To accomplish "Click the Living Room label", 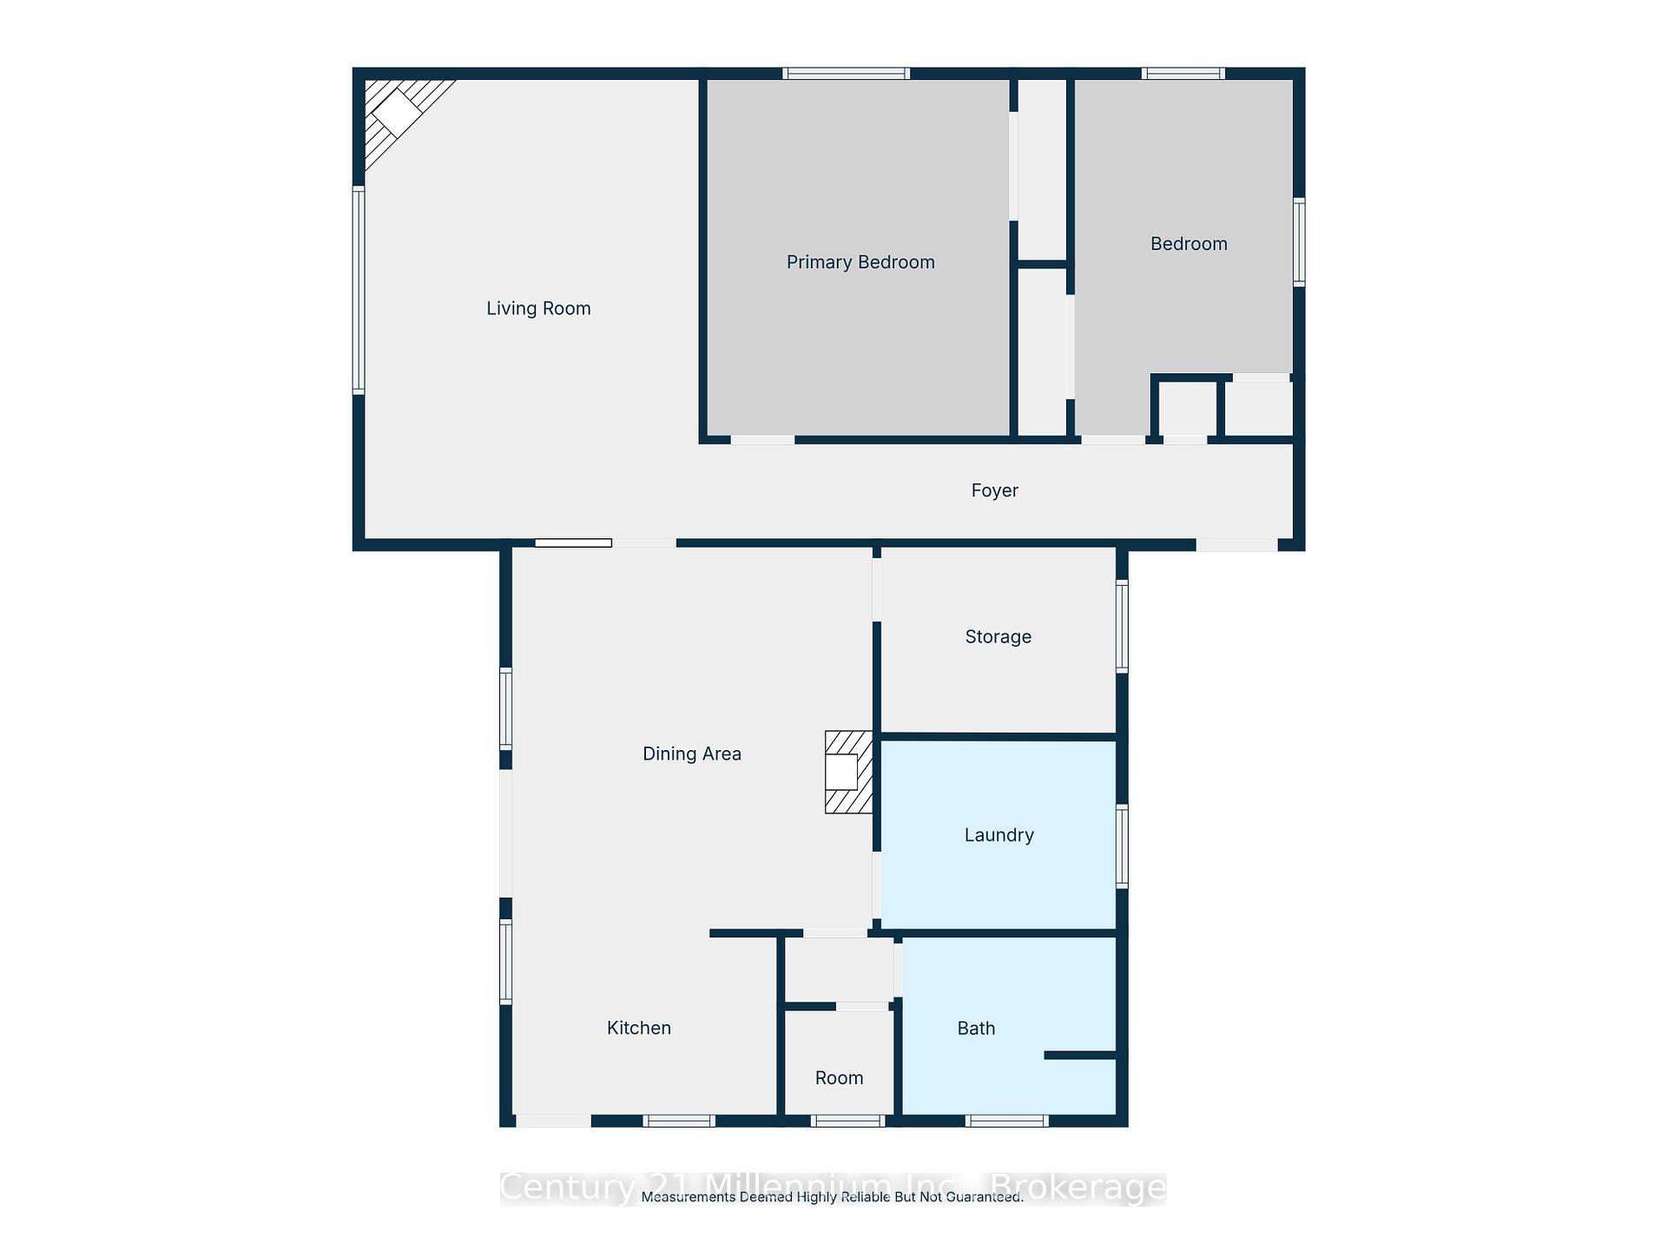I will pos(538,308).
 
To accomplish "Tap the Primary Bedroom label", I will pos(860,262).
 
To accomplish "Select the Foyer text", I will pos(994,490).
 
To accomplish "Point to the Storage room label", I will pos(998,636).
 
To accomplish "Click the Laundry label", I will pos(998,835).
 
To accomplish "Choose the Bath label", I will pos(976,1029).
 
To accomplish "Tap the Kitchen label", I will pos(638,1028).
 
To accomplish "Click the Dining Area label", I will pos(691,753).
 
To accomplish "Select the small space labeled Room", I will pos(839,1078).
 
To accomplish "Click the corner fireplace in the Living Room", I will pos(399,114).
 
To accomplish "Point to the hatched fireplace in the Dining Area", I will pos(847,772).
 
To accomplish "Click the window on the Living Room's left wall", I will pos(358,290).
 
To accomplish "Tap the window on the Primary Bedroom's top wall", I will pos(846,74).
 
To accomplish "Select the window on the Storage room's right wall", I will pos(1122,626).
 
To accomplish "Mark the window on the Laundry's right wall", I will pos(1122,846).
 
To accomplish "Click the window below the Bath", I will pos(1006,1121).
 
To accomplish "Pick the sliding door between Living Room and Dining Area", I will pos(573,543).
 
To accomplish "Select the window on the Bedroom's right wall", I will pos(1299,241).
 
